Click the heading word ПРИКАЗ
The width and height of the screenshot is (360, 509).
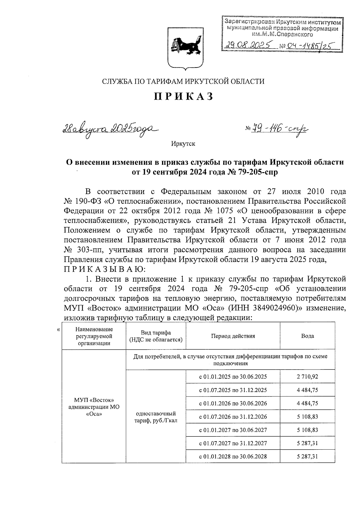coord(184,96)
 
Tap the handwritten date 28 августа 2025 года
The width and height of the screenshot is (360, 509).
coord(110,129)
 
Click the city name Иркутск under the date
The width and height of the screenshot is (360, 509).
coord(183,144)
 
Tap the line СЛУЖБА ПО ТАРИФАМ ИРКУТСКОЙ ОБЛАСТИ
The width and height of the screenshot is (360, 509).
coord(184,81)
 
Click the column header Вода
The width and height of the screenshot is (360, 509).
coord(307,336)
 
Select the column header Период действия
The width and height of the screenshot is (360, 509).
coord(233,336)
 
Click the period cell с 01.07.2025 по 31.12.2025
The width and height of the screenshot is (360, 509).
coord(233,390)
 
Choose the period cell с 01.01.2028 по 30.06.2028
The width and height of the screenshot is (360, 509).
coord(233,457)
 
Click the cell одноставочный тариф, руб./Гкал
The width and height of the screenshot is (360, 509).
coord(156,417)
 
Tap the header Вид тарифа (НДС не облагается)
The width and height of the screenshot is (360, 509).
coord(156,336)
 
